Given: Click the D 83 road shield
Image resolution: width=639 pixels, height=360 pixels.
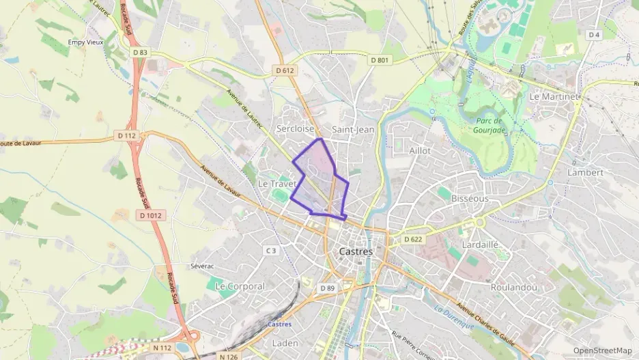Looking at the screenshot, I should tap(140, 52).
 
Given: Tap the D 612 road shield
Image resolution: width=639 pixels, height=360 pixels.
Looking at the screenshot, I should tap(285, 70).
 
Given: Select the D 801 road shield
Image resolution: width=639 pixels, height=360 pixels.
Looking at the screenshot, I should tap(380, 60).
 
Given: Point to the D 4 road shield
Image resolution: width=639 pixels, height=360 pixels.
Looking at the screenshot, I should tap(593, 35).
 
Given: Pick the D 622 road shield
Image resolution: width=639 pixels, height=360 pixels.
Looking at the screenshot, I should tap(412, 240).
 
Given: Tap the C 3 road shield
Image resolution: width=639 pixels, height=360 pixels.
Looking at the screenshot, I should tap(271, 251).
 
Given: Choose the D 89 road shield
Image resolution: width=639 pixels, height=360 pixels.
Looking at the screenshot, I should tap(327, 288).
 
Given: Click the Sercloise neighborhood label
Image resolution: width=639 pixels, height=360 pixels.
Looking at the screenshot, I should tap(295, 128).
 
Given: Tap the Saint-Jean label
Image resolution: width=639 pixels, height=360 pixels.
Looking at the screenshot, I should tap(352, 129).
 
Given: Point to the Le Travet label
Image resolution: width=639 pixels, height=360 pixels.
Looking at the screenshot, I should tap(276, 184).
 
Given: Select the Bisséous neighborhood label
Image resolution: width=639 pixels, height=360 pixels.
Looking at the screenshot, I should tap(470, 199).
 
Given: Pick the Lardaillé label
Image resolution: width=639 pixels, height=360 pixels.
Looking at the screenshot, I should tap(481, 244).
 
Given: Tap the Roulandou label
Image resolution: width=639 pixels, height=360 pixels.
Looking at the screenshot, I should tap(514, 288).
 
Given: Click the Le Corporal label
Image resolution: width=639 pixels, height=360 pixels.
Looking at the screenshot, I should tap(239, 286).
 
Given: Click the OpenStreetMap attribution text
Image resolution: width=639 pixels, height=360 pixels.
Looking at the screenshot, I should tap(602, 350).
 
